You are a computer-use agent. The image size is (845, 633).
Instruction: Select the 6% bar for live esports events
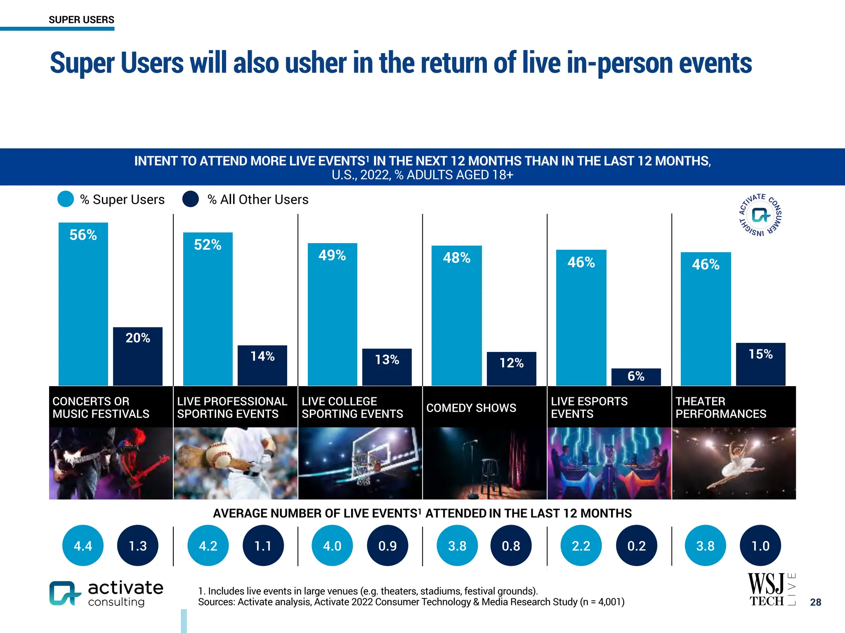coord(636,377)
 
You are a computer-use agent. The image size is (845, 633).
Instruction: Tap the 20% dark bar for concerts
coord(138,356)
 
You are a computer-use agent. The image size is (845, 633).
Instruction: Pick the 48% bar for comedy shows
coord(456,315)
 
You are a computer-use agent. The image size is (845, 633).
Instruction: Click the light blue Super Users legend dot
coord(66,199)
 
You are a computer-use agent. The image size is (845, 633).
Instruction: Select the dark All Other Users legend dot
coord(191,199)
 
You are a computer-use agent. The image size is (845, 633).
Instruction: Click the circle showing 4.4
coord(83,546)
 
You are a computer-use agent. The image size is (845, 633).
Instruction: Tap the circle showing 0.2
coord(636,546)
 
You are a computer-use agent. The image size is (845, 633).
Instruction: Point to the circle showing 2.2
coord(581,546)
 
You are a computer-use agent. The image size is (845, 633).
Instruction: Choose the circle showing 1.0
coord(760,546)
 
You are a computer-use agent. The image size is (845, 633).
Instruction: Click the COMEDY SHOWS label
coord(471,408)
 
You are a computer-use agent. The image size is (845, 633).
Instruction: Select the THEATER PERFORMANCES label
coord(720,407)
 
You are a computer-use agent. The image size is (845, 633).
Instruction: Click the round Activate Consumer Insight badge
coord(760,215)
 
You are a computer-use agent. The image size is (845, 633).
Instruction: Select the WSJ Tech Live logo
coord(771,590)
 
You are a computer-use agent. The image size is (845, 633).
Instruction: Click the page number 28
coord(815,602)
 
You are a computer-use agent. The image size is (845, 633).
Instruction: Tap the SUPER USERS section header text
coord(81,20)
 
